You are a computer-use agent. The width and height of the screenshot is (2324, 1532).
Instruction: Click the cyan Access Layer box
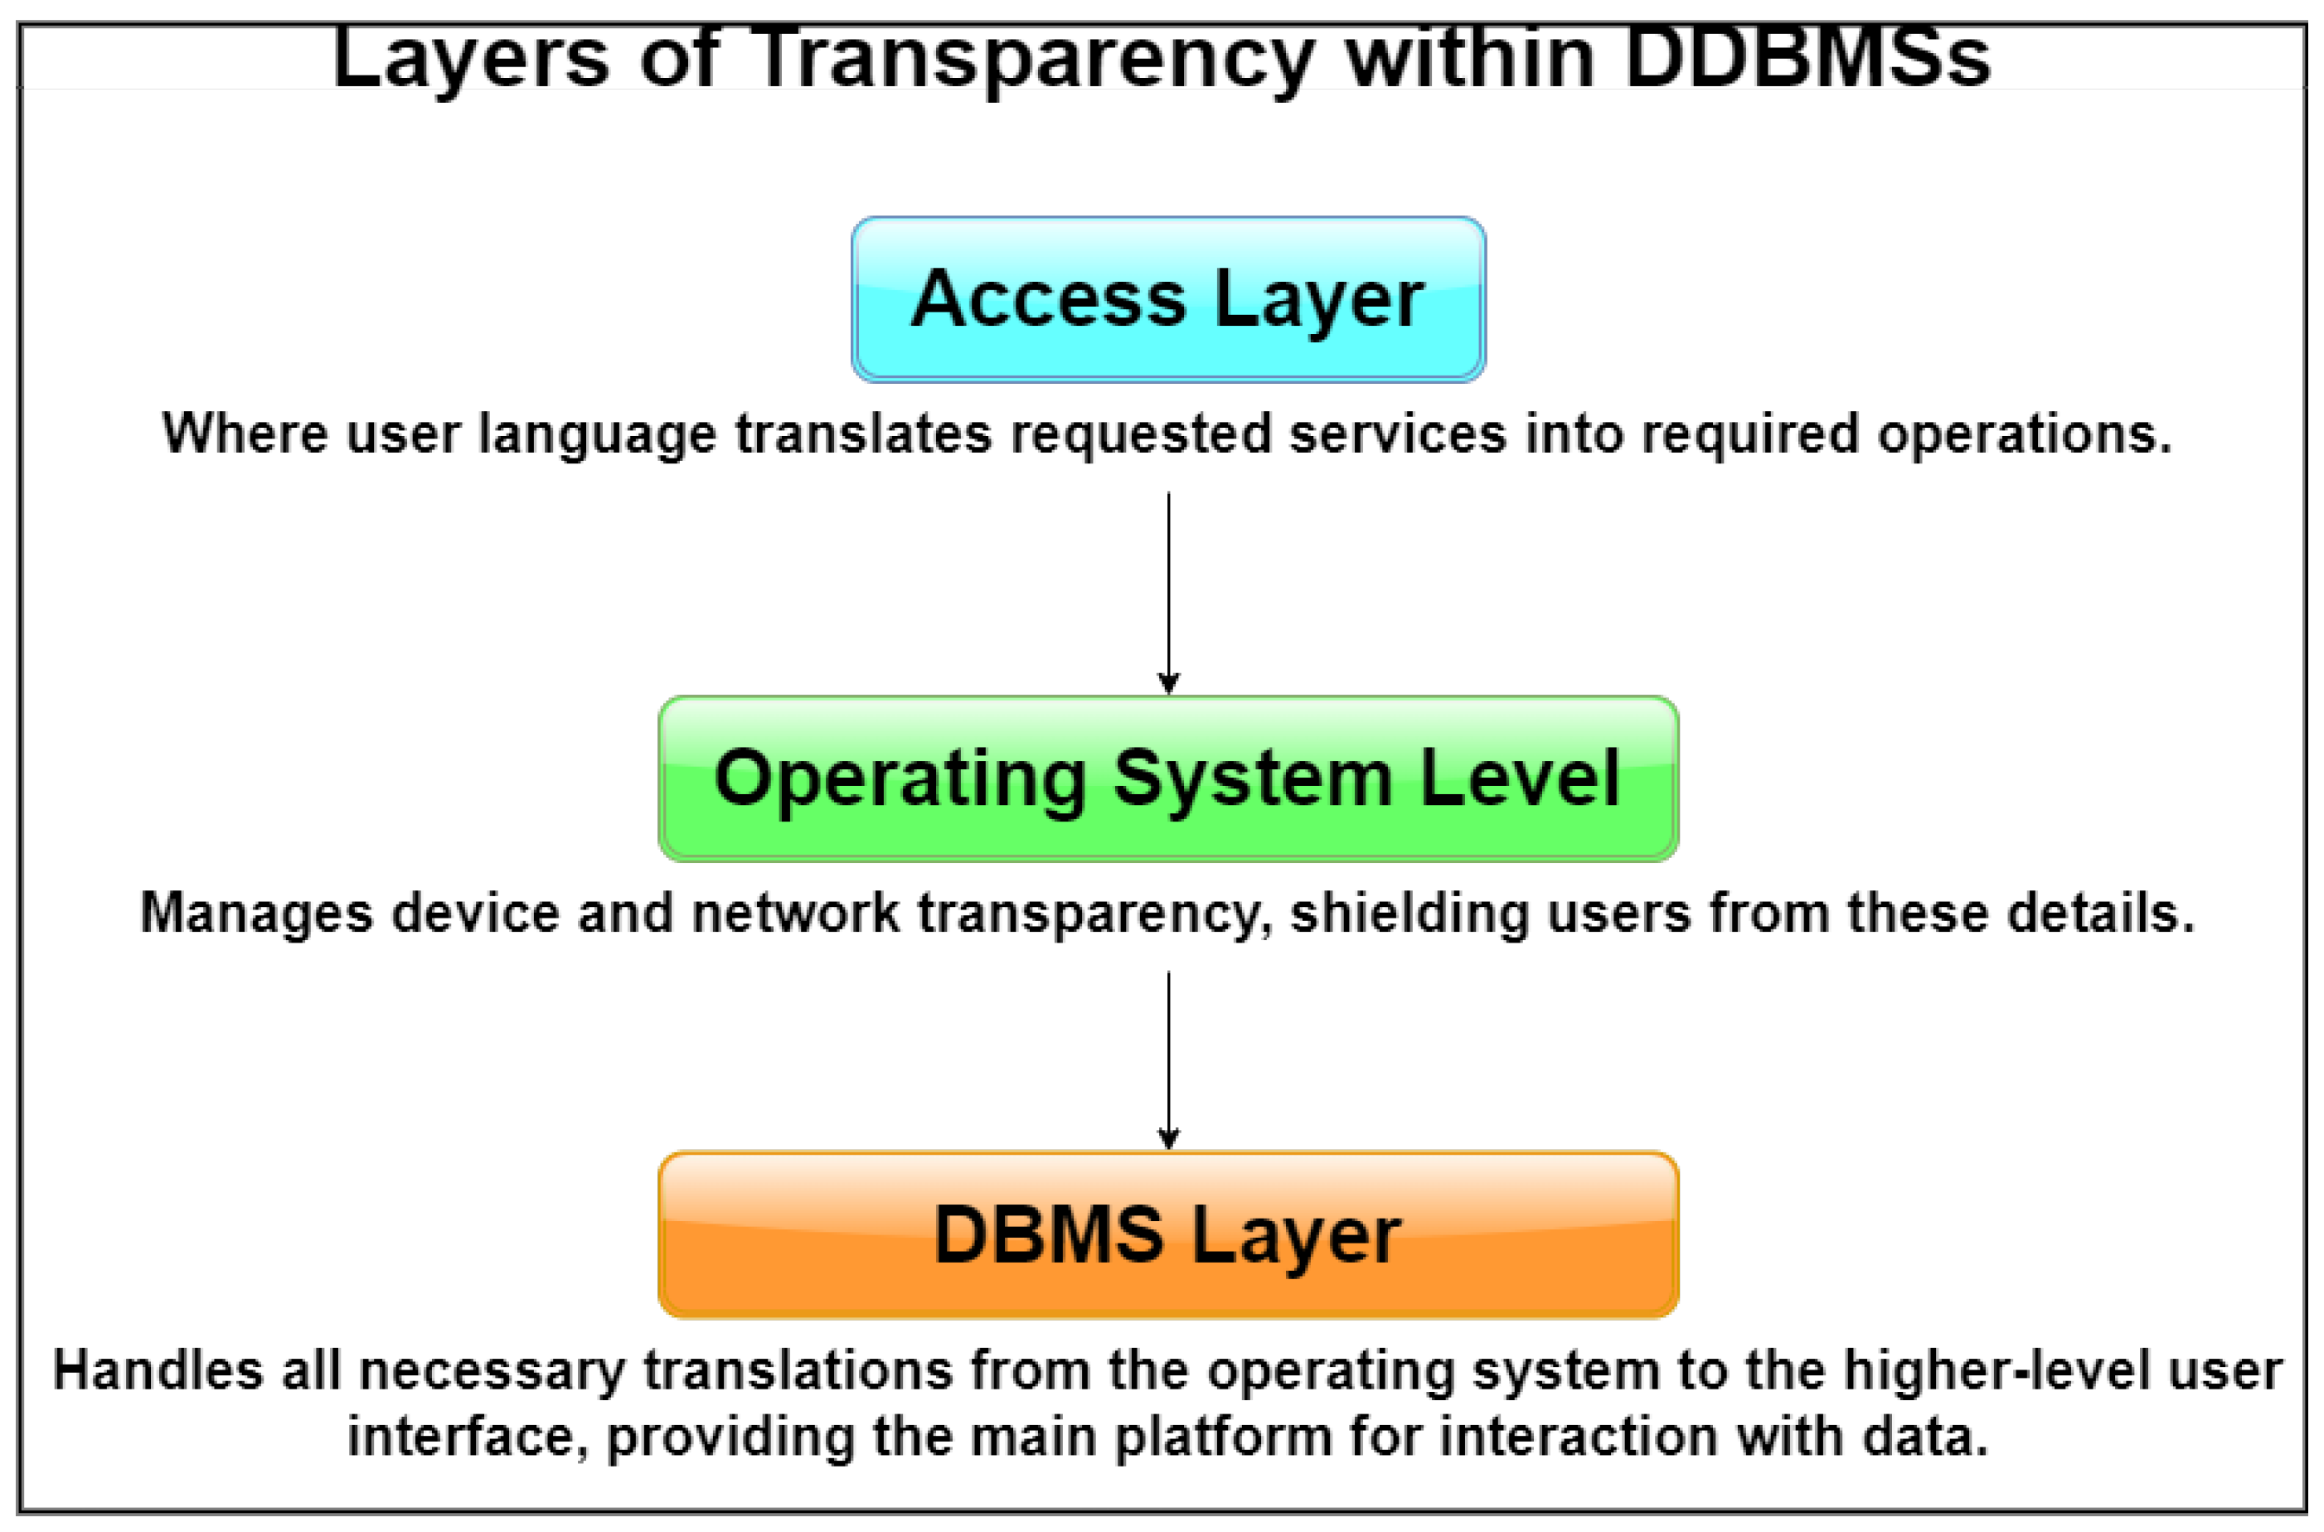point(1167,299)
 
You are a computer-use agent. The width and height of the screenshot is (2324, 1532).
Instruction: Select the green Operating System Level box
point(1167,778)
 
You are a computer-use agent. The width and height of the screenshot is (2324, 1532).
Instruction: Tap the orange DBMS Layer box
point(1167,1235)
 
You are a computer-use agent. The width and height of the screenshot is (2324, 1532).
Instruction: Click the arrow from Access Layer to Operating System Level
point(1168,586)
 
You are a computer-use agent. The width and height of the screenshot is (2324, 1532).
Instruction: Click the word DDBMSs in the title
point(1807,59)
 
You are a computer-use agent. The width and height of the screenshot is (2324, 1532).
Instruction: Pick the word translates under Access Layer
point(864,434)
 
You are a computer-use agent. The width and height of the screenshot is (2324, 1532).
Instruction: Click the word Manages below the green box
point(256,914)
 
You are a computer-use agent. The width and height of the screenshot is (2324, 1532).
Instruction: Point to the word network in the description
point(795,914)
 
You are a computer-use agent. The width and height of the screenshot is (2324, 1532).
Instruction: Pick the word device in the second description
point(475,914)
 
